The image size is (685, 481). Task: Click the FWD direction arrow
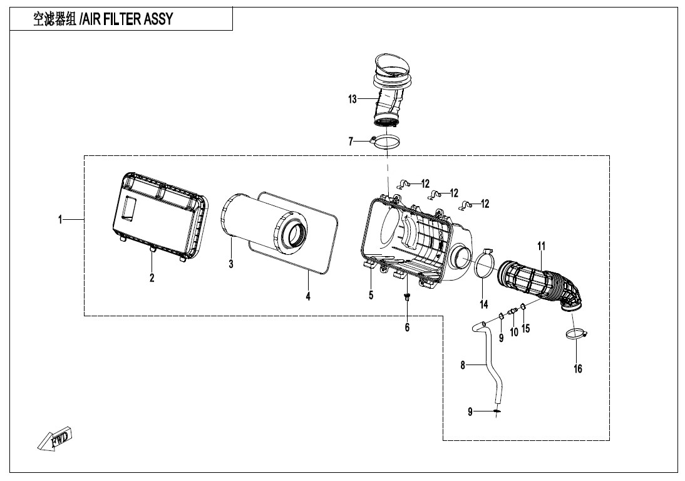pyautogui.click(x=54, y=438)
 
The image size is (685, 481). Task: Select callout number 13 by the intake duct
pyautogui.click(x=353, y=99)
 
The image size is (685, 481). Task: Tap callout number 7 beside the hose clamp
pyautogui.click(x=351, y=142)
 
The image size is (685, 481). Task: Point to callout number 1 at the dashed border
pyautogui.click(x=60, y=219)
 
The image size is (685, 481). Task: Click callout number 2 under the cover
pyautogui.click(x=152, y=277)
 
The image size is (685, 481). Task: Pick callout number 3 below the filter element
pyautogui.click(x=231, y=264)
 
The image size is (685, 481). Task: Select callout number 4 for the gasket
pyautogui.click(x=308, y=296)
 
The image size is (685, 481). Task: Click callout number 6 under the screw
pyautogui.click(x=407, y=327)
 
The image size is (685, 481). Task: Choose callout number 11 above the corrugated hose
pyautogui.click(x=542, y=245)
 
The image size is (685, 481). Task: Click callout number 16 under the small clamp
pyautogui.click(x=578, y=369)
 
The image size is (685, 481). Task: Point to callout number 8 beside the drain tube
pyautogui.click(x=463, y=365)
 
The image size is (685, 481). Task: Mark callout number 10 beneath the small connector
pyautogui.click(x=513, y=333)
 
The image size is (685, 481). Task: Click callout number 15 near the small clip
pyautogui.click(x=526, y=328)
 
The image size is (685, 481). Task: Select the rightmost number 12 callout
pyautogui.click(x=485, y=204)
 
